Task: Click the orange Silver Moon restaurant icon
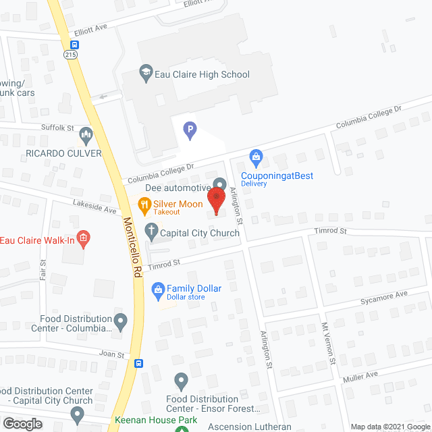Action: [x=144, y=204]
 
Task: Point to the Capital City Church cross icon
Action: [x=152, y=232]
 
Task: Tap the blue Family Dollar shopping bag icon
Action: [x=158, y=291]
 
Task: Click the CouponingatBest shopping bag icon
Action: [x=256, y=158]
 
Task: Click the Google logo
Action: [x=22, y=424]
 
